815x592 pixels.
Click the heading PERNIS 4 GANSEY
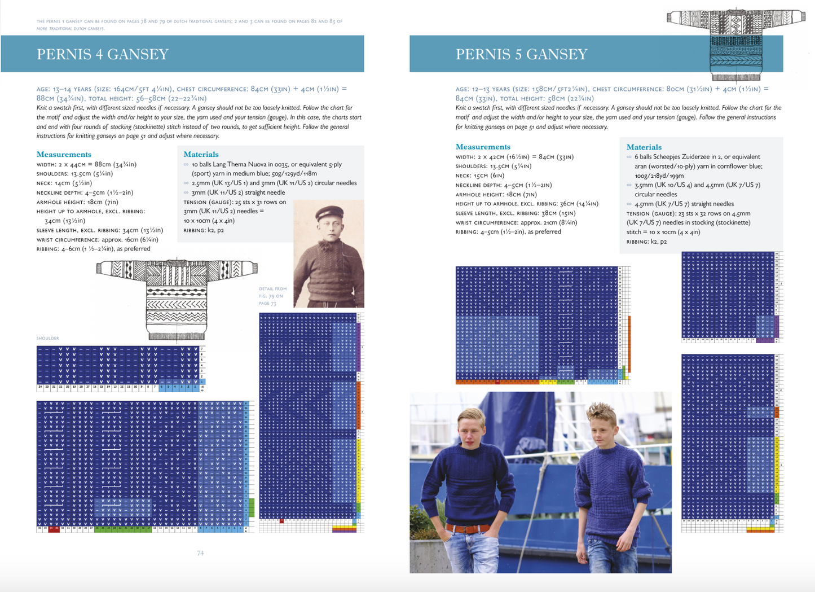(x=103, y=54)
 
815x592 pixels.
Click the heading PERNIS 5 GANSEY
(x=521, y=54)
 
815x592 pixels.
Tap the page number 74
(x=200, y=553)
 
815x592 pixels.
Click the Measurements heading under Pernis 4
(x=64, y=154)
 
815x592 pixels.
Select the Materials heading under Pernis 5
(x=644, y=147)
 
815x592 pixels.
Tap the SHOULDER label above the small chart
(x=48, y=338)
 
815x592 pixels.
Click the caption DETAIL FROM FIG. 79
(x=272, y=296)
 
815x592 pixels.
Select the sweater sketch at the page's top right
(x=735, y=42)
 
